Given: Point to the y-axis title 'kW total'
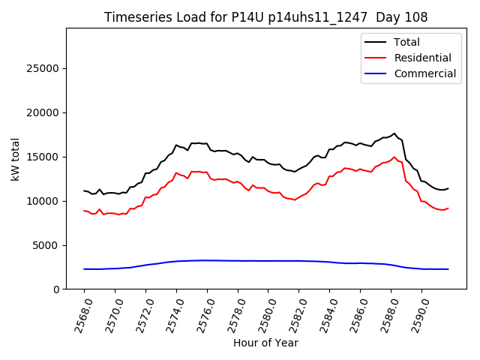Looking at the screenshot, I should click(15, 158).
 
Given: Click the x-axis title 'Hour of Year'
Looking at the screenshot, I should click(265, 343).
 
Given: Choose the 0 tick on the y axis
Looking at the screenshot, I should click(56, 289).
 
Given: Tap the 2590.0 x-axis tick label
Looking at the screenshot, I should click(417, 313).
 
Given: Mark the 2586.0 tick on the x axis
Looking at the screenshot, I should click(355, 313).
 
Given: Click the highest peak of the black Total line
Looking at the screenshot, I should click(394, 133).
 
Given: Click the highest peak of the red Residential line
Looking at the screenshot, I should click(394, 157).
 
